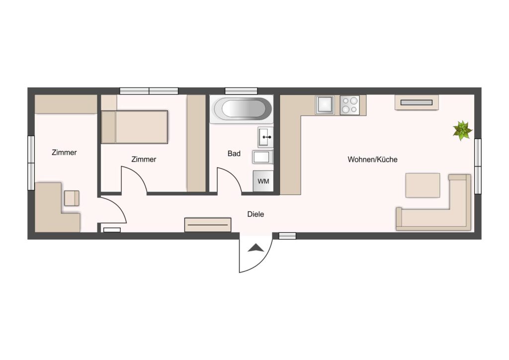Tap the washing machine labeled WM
pos(263,181)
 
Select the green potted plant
pos(462,130)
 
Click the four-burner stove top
pos(349,105)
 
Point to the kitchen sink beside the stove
pos(325,105)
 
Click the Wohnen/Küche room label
pos(372,160)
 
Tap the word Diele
pos(255,214)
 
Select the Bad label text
pos(234,154)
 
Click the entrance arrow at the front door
pos(256,248)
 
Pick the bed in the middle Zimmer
pos(134,127)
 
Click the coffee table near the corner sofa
pos(423,185)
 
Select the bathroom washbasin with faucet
pos(265,137)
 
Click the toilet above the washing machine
pos(262,157)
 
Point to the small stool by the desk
pos(72,198)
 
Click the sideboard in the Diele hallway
pos(208,225)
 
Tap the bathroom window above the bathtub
pos(241,91)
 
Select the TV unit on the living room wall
pos(417,102)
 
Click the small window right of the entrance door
pos(288,236)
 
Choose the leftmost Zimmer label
pos(64,152)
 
